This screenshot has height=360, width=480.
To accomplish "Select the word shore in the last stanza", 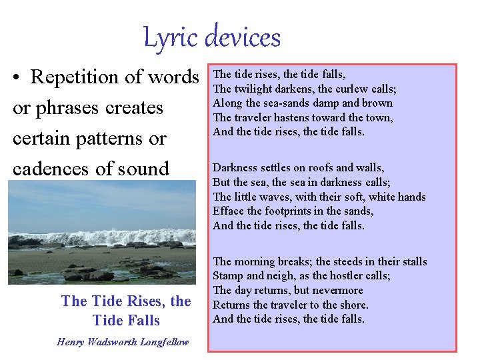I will (353, 305).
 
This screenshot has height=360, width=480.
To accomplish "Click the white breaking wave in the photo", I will (100, 237).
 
